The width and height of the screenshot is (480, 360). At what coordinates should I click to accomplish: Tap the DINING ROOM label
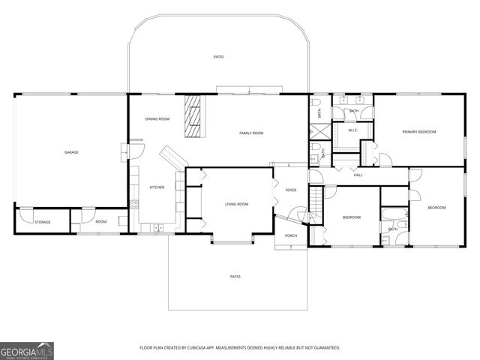[x=157, y=119]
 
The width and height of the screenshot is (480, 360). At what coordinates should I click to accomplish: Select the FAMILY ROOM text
[x=251, y=133]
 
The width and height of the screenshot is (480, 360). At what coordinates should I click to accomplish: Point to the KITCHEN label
[x=157, y=187]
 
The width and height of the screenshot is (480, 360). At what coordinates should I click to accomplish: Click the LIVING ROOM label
[x=236, y=204]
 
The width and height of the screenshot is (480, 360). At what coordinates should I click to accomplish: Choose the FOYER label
[x=291, y=190]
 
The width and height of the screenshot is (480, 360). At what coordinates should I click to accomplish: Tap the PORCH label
[x=290, y=235]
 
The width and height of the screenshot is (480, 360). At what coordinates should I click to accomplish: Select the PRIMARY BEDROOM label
[x=418, y=132]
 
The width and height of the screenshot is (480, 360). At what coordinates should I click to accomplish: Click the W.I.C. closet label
[x=352, y=131]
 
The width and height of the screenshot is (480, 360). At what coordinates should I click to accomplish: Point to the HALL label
[x=358, y=175]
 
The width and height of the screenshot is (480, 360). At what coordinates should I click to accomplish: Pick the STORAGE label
[x=43, y=222]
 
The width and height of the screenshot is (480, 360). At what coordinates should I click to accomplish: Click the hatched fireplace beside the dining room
[x=194, y=116]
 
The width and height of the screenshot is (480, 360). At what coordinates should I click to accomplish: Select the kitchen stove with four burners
[x=134, y=202]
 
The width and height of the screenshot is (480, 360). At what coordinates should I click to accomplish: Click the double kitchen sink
[x=157, y=227]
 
